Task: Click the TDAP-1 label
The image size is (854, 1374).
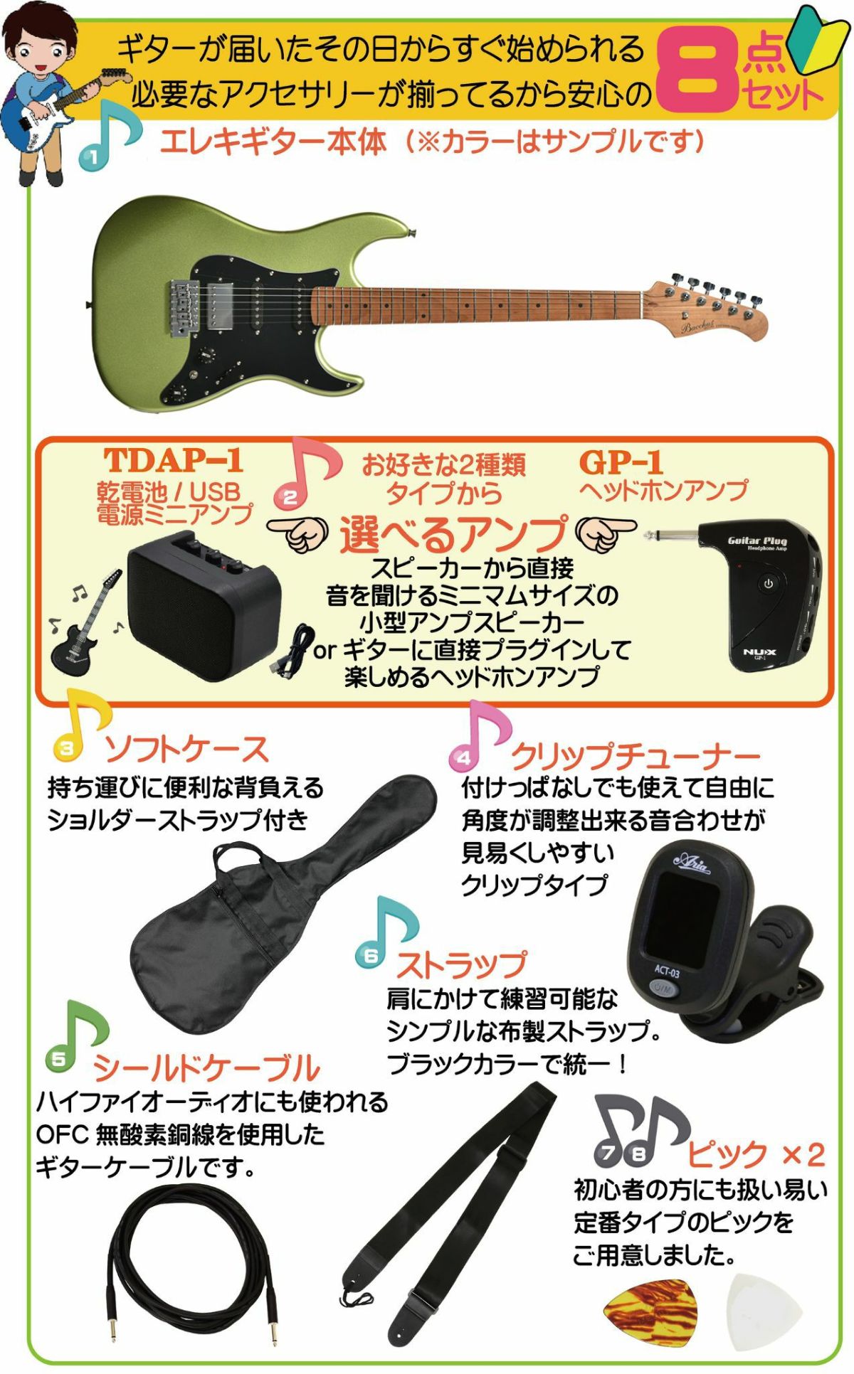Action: (x=174, y=461)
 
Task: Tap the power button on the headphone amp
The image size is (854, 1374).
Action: (x=768, y=583)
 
